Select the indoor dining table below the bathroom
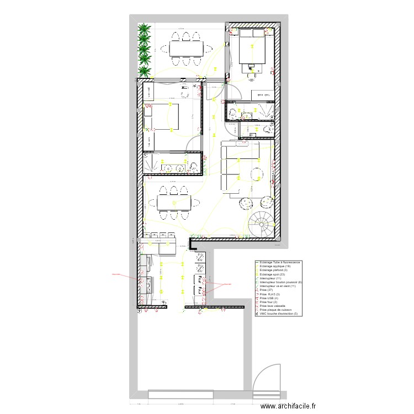173,203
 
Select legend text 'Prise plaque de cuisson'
276,310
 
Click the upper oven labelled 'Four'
196,279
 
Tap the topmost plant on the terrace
144,29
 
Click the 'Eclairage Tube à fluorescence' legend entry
279,262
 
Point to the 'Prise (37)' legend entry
267,290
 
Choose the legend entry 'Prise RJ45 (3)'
270,294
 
